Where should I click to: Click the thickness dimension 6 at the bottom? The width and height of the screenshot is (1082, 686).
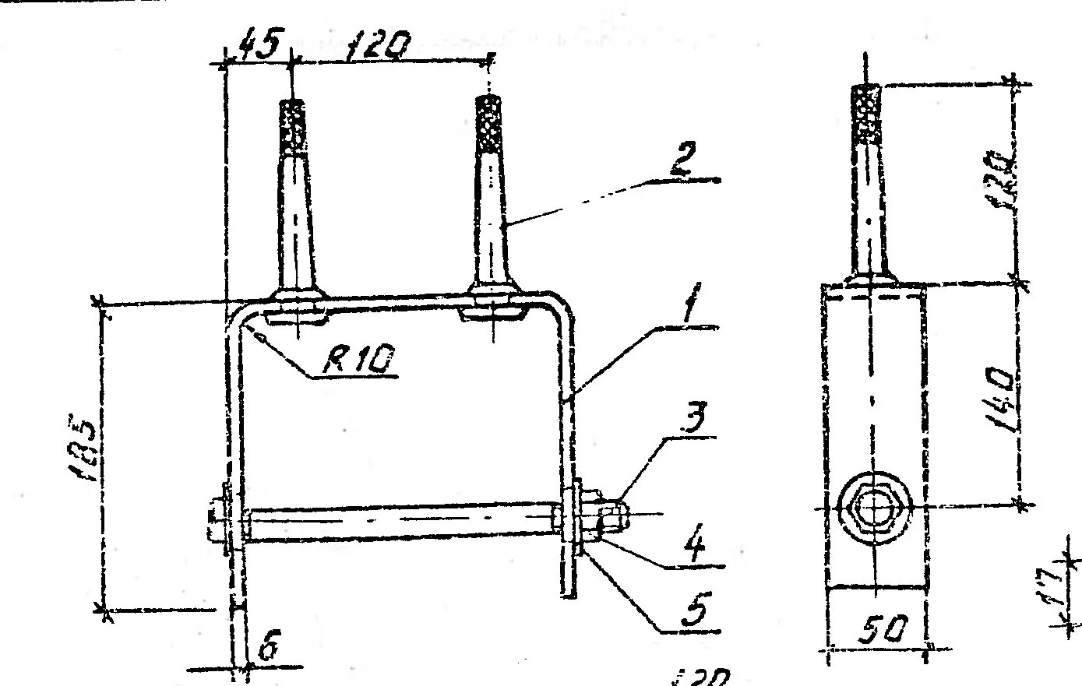click(267, 649)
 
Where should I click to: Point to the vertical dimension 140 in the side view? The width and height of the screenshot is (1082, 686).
click(999, 395)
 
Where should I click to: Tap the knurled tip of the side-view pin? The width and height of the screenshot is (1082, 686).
click(867, 113)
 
